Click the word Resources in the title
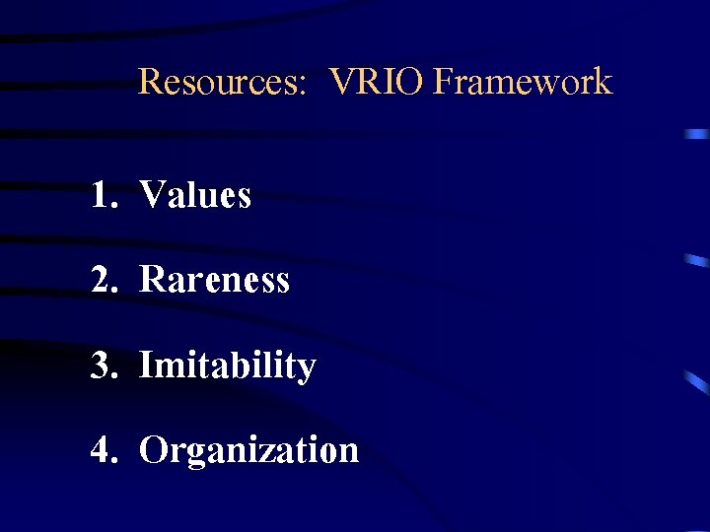pos(219,81)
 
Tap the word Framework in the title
pos(523,81)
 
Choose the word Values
pos(195,195)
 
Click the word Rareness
pos(215,280)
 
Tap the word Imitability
pos(228,366)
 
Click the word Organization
pos(248,450)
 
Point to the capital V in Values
pos(153,195)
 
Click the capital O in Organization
pos(154,450)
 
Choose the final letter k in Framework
pos(603,81)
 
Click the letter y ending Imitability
pos(307,370)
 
